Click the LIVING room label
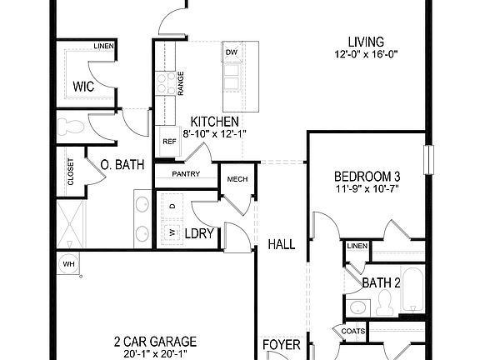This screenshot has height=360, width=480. (x=366, y=42)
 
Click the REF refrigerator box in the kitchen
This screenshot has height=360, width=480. (x=169, y=142)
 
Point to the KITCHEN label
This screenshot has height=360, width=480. (x=214, y=121)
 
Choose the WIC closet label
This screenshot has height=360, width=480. (x=82, y=86)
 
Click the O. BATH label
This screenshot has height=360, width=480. (x=123, y=164)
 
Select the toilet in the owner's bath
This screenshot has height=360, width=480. (x=72, y=127)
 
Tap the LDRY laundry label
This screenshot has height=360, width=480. (x=200, y=234)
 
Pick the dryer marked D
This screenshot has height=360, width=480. (x=172, y=205)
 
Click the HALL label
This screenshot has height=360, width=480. (x=282, y=244)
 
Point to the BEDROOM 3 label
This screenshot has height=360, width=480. (x=367, y=177)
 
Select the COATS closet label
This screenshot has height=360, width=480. (x=353, y=331)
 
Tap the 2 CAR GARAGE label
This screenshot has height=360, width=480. (x=156, y=341)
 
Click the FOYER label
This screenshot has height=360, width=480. (x=280, y=344)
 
